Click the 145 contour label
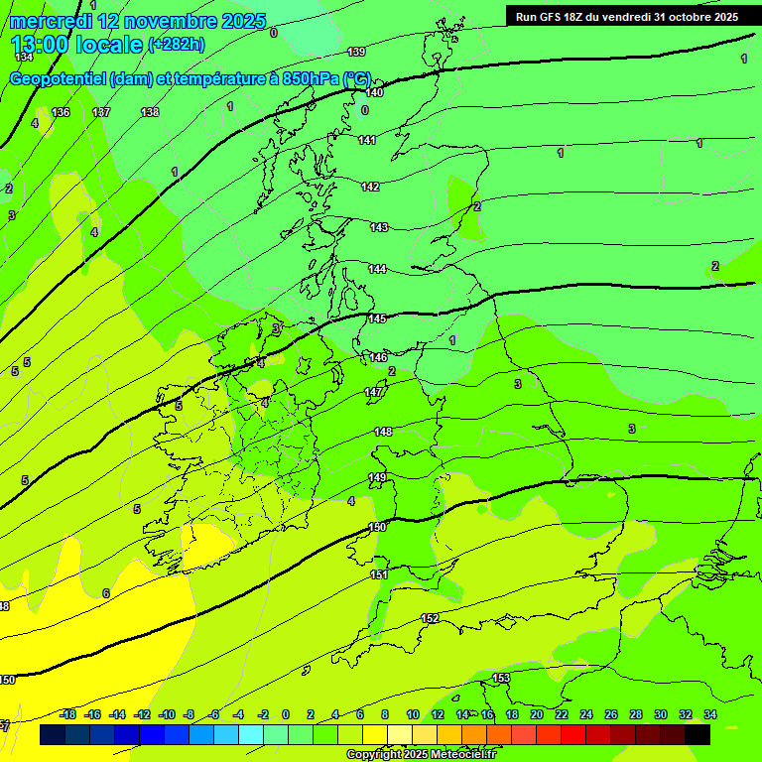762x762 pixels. pos(377,318)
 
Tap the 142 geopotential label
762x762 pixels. pos(370,187)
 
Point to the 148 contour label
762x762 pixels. pos(383,432)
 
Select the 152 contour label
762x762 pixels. pos(430,618)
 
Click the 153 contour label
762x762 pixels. pos(501,678)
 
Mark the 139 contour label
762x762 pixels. pos(357,52)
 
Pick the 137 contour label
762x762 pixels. pos(101,112)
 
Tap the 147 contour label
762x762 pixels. pos(373,392)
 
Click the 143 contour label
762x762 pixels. pos(379,227)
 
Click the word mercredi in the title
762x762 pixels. pos(51,21)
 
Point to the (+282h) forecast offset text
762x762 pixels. pos(177,44)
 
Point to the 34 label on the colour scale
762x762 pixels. pos(710,714)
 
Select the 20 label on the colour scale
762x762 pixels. pos(536,714)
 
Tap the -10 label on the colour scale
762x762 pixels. pos(166,714)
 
